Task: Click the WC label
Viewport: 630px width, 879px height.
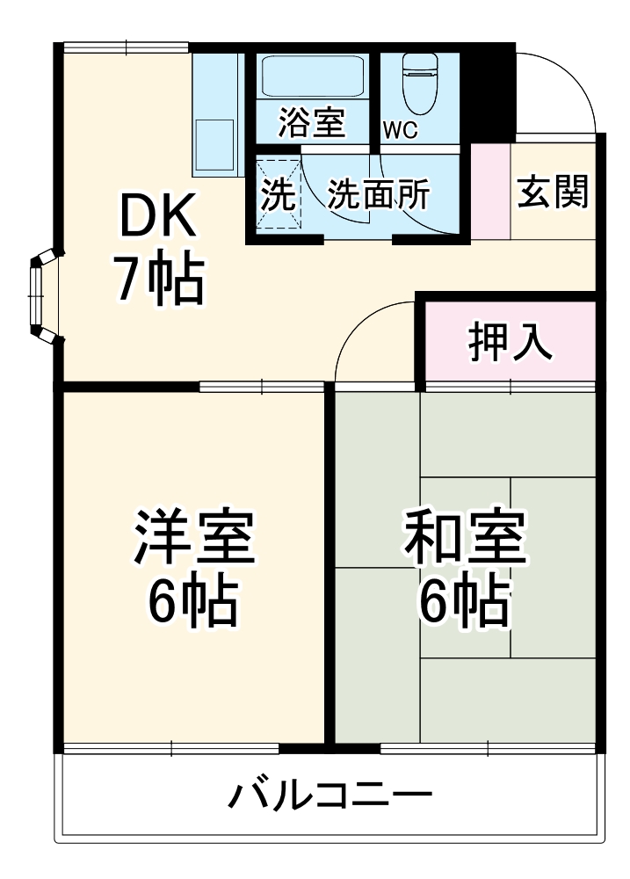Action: coord(400,129)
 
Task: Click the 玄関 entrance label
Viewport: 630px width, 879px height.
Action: coord(552,192)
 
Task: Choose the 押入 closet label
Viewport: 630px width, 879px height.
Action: coord(510,343)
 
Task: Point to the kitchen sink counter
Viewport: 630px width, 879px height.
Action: coord(215,114)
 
